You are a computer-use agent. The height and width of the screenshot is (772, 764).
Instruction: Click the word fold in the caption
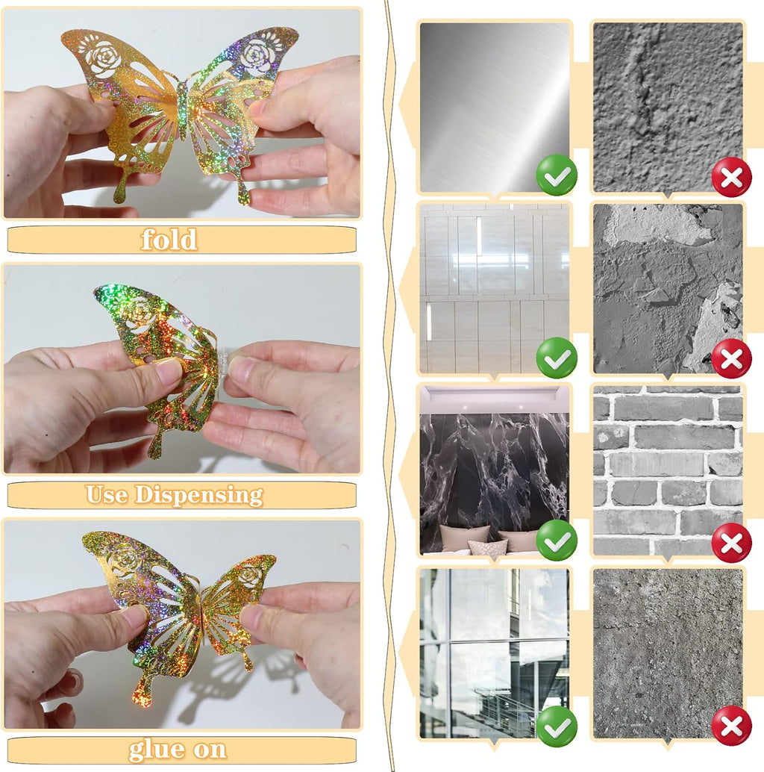coord(169,239)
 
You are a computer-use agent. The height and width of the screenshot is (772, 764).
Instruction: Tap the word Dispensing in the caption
coord(198,495)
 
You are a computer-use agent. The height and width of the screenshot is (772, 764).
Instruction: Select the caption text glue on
coord(178,750)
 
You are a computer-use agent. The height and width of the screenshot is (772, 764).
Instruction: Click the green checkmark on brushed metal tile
coord(557,175)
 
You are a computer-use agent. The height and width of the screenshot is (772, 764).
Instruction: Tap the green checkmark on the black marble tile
coord(557,540)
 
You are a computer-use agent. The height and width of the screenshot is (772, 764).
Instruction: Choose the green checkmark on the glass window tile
coord(557,726)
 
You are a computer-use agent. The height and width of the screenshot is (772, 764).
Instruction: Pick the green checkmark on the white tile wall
coord(557,358)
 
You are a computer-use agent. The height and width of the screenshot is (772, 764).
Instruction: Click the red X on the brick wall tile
coord(731,543)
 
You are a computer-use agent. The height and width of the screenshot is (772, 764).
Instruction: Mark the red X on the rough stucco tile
coord(731,177)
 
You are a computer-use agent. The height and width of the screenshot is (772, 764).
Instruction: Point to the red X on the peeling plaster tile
coord(731,358)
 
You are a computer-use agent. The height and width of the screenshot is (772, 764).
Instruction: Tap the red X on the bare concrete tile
coord(731,726)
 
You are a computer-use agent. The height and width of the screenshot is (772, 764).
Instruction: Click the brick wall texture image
coord(668,470)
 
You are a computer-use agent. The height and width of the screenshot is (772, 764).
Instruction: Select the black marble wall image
coord(494,470)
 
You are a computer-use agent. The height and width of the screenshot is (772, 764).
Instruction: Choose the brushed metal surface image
coord(494,108)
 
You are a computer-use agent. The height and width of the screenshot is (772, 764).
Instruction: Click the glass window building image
coord(494,653)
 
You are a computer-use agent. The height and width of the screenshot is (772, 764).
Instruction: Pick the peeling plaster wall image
coord(668,288)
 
